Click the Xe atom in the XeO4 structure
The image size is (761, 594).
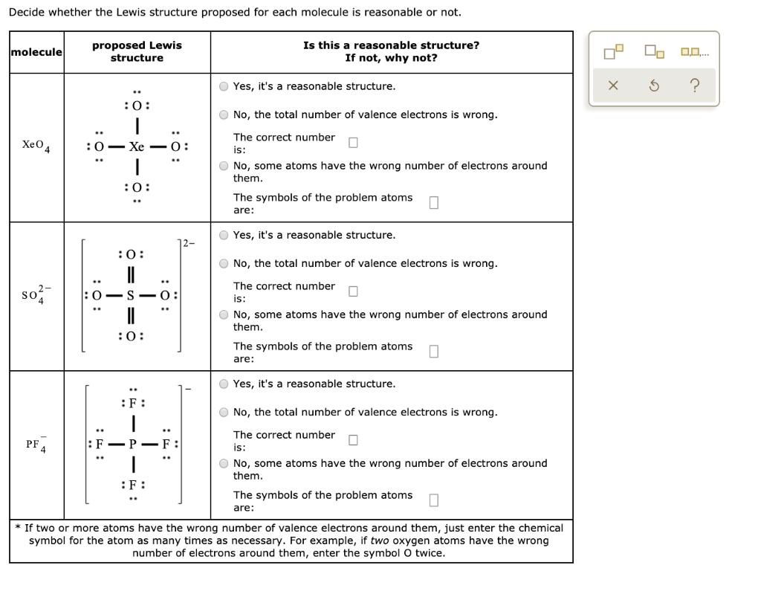(137, 146)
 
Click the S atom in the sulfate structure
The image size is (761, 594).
(131, 295)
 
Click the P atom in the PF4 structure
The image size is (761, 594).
(133, 444)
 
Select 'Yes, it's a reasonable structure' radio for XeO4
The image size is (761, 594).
(224, 86)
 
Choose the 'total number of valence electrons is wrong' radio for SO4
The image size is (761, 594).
(224, 263)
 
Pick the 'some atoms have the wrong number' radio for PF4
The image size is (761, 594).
(224, 463)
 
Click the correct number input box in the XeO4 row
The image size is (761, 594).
(353, 143)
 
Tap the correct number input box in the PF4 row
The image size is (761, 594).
(353, 440)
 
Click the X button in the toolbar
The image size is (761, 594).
(612, 86)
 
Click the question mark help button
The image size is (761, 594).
(694, 86)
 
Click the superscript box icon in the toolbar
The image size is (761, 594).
(612, 52)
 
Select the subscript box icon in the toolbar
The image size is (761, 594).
(653, 52)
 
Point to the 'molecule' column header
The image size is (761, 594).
(36, 51)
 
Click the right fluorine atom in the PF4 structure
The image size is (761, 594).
(167, 444)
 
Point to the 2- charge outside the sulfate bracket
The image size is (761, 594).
(190, 242)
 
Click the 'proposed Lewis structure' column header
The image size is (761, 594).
(137, 51)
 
